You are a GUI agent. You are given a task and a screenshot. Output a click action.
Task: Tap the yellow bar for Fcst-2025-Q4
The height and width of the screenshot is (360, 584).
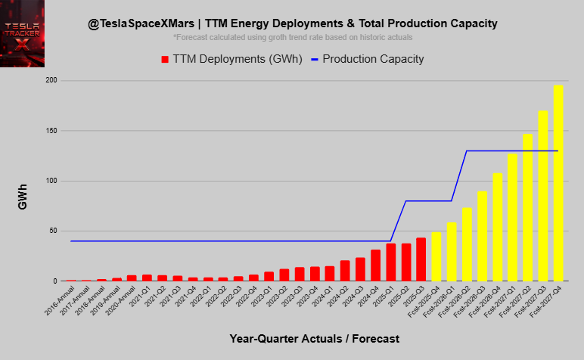point(436,256)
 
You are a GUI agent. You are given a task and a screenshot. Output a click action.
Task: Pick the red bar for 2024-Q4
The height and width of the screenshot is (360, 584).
point(375,265)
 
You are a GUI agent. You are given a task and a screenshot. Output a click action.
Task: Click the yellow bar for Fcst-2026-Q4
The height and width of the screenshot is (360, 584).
point(497,227)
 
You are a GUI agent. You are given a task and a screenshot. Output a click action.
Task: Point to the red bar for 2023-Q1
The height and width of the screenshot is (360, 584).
point(269,276)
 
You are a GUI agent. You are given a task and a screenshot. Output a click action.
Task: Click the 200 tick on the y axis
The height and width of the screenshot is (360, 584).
point(51,80)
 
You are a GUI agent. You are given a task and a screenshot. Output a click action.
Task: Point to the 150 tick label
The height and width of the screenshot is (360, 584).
point(51,131)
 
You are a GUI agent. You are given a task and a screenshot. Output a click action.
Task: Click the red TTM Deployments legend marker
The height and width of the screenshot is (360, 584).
point(165,59)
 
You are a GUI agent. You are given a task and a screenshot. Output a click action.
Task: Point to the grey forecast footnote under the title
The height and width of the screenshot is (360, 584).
point(293,37)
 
